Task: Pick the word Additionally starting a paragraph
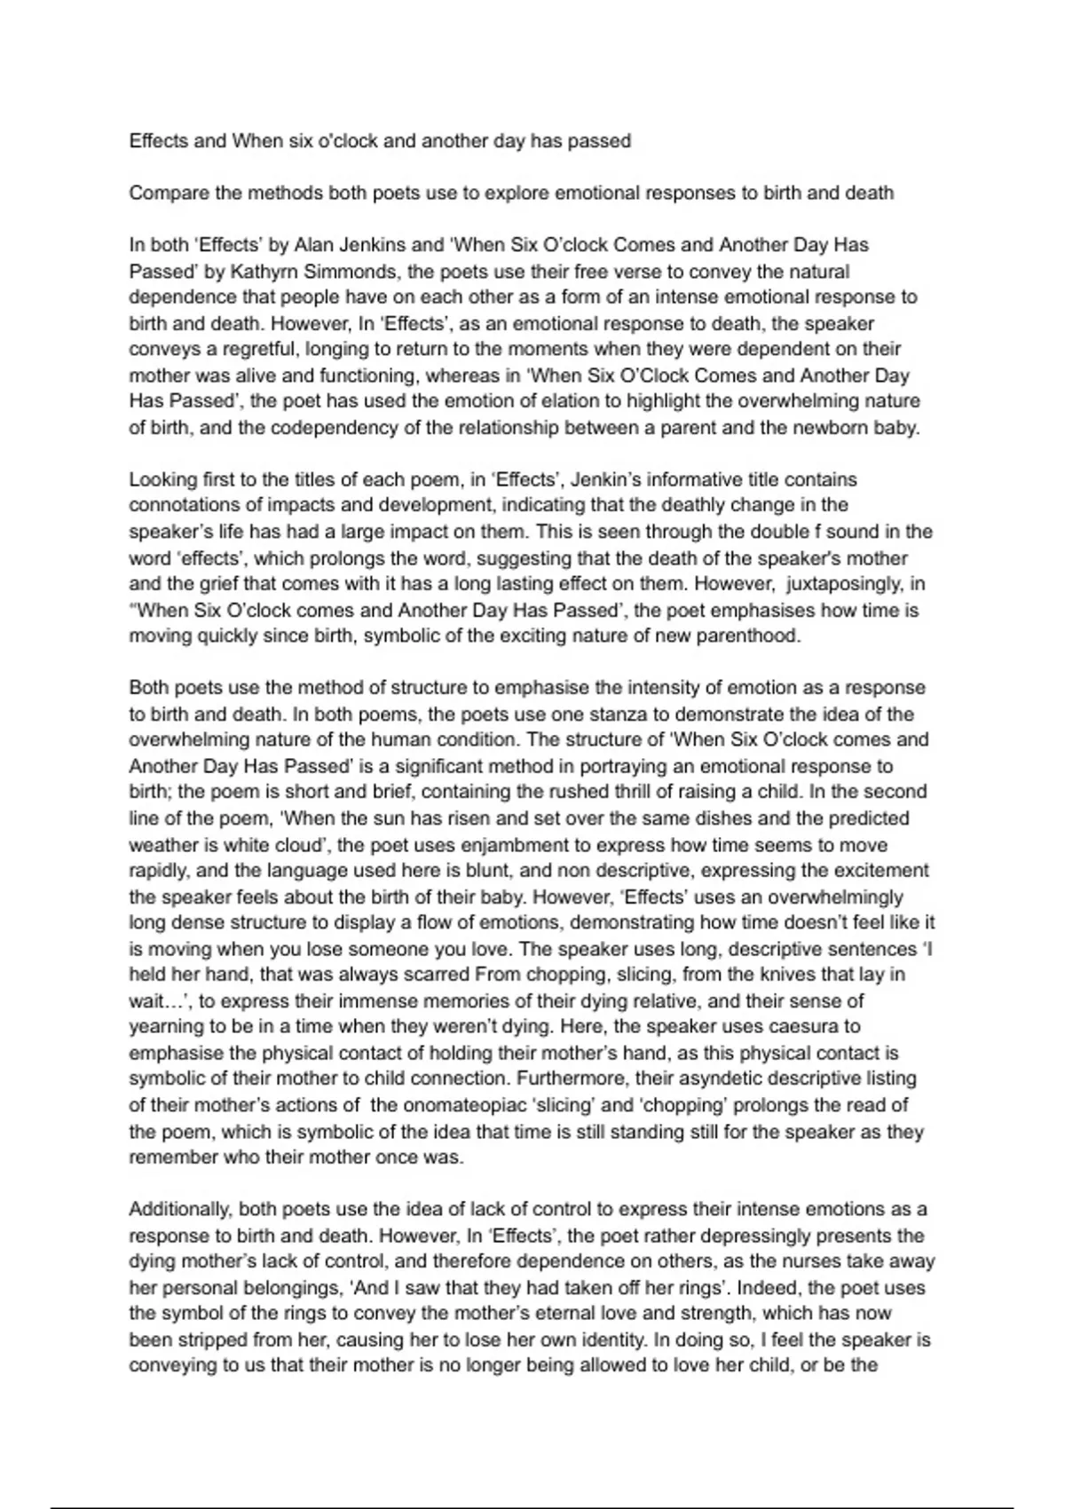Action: coord(179,1210)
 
